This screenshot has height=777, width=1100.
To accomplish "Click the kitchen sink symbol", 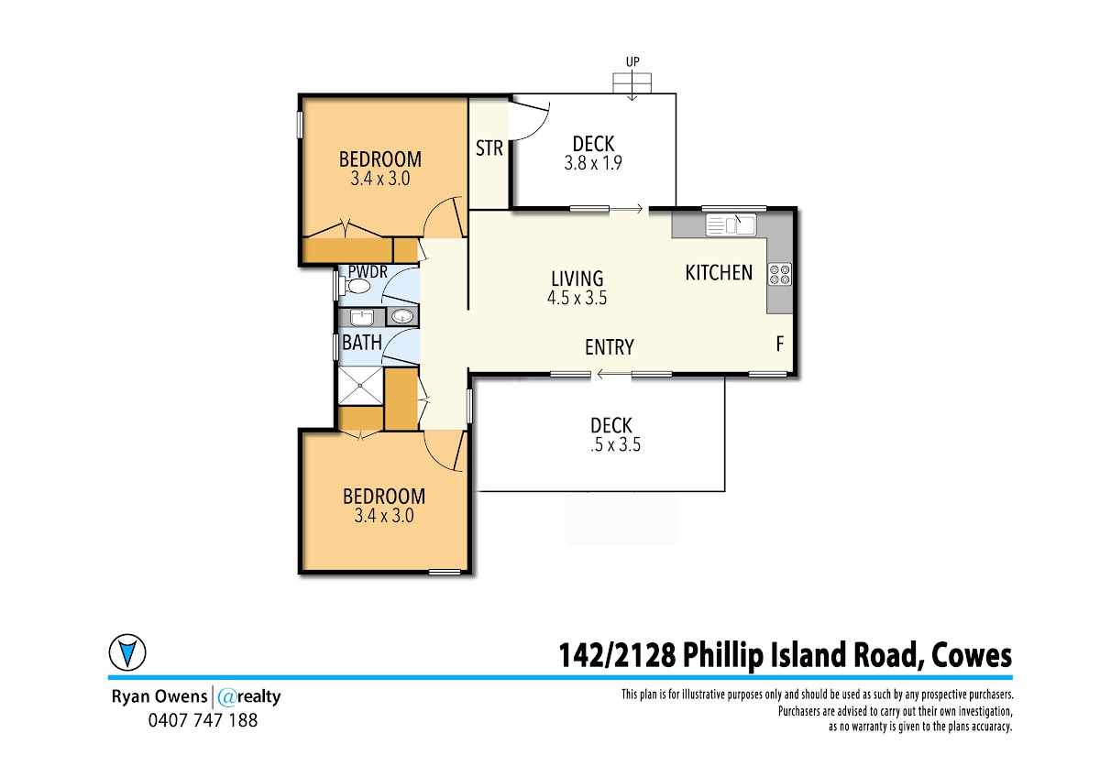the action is (731, 225).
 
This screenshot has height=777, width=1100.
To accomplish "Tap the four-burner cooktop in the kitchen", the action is (779, 274).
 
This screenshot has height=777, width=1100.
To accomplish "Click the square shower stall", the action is (360, 387).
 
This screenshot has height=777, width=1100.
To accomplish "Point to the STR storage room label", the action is (489, 148).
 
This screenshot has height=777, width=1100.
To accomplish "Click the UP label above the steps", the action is (632, 61).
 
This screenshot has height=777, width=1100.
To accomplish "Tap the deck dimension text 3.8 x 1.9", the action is (593, 163).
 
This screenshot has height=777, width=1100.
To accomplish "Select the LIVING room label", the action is (577, 279).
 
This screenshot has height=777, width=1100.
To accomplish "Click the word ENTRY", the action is (610, 347).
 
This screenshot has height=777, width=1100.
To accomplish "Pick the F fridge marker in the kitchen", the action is (780, 344).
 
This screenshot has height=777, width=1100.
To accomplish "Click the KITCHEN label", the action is (719, 273).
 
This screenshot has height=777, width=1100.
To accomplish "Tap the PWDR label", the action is (368, 271).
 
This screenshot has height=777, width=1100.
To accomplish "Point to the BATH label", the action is (362, 343).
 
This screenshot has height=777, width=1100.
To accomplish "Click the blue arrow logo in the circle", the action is (127, 652).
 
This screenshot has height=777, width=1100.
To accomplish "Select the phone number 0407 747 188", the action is (203, 720).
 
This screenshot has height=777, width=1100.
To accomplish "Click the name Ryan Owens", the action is (159, 697).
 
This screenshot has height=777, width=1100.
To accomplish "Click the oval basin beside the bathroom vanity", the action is (402, 317).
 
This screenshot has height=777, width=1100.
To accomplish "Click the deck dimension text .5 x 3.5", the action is (616, 444).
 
